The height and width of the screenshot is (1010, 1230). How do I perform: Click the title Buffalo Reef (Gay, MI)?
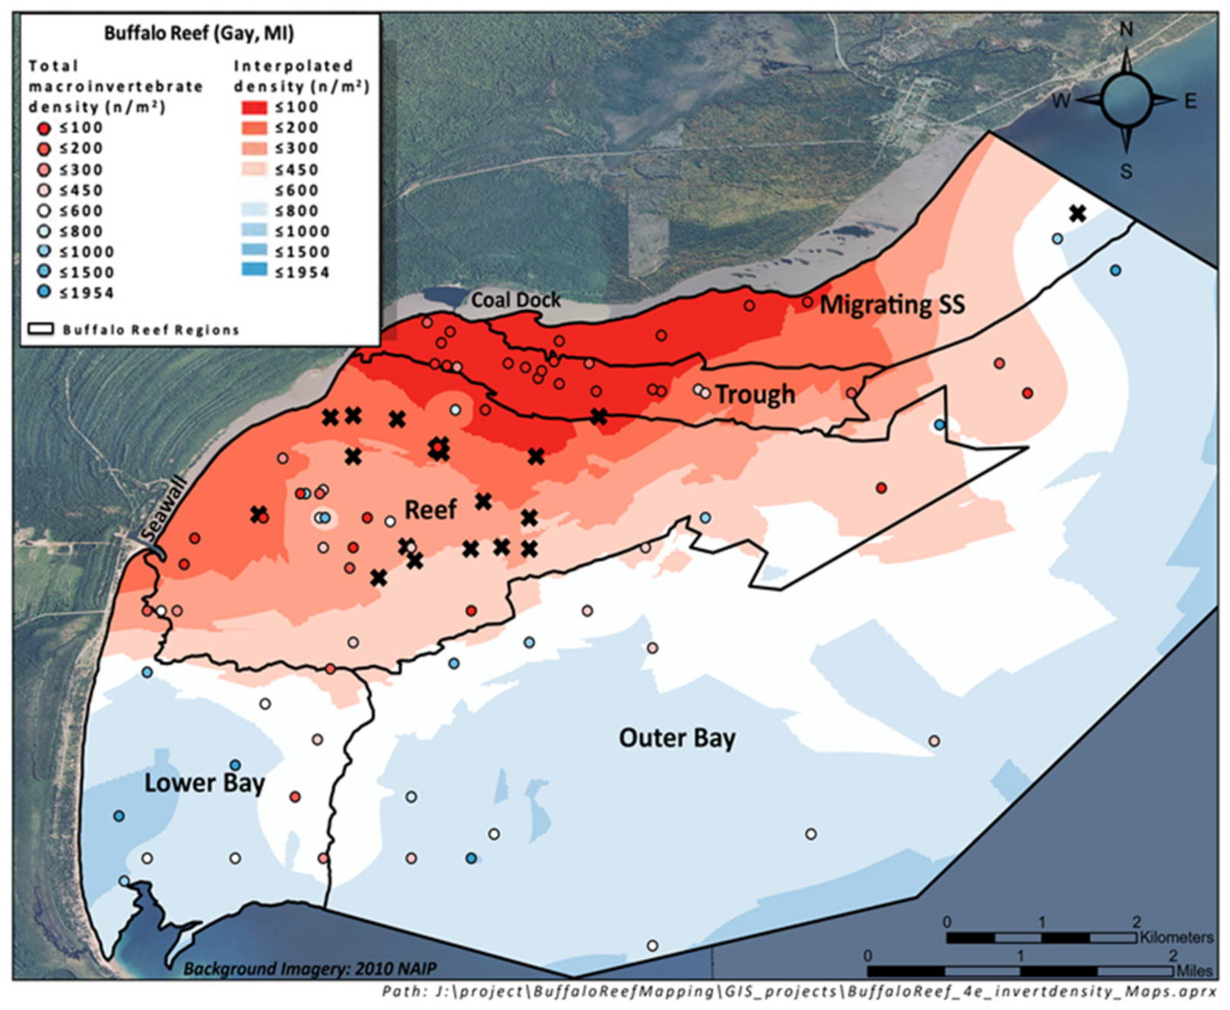tap(198, 33)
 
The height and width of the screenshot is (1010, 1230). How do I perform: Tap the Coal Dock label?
tap(515, 300)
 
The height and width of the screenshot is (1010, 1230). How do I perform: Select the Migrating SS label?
tap(892, 305)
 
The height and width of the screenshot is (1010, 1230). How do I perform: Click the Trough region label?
tap(754, 394)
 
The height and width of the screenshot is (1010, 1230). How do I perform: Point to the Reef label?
tap(430, 509)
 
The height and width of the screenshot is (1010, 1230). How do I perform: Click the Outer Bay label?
tap(677, 738)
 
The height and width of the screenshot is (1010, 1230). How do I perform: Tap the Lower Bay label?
tap(204, 783)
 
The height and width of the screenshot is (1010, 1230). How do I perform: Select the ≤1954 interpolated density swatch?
tap(255, 271)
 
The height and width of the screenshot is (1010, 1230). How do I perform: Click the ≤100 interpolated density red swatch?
tap(255, 107)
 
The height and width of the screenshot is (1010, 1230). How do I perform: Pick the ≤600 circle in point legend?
tap(44, 211)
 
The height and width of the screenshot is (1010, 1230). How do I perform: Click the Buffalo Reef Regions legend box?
tap(40, 330)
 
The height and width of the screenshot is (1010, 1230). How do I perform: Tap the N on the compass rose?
tap(1126, 30)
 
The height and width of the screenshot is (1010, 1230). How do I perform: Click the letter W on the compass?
tap(1061, 101)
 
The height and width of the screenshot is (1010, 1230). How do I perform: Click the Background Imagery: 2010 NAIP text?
tap(309, 969)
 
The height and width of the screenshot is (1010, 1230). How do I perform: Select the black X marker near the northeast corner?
tap(1076, 214)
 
